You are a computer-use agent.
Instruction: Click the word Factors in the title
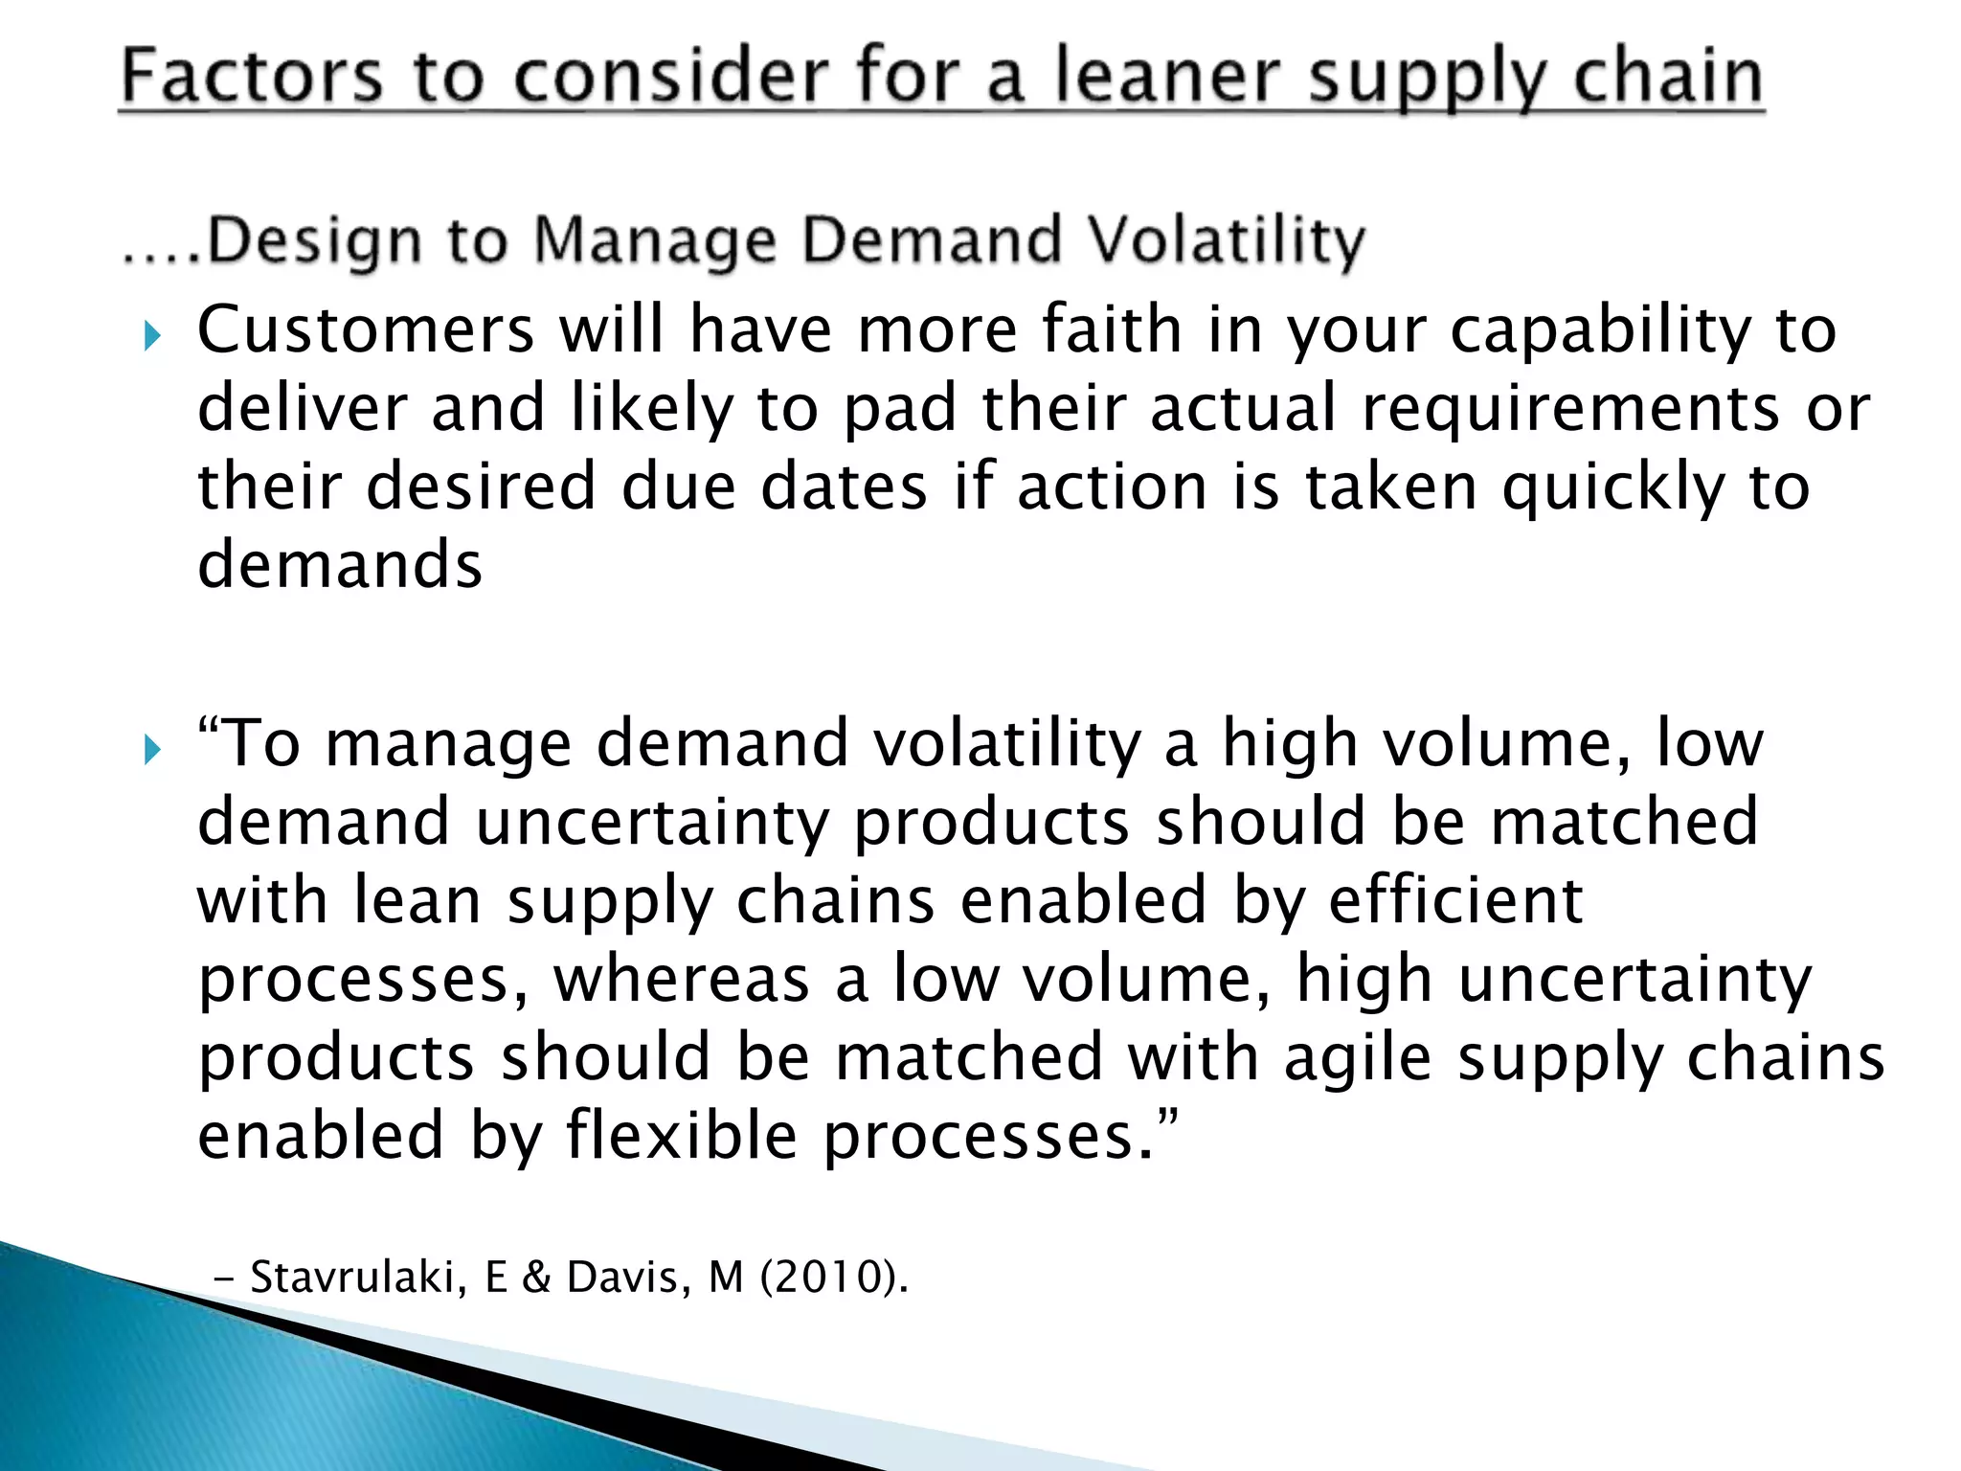[252, 77]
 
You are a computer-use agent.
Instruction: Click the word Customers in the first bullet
[366, 329]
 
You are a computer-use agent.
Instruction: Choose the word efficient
[1455, 901]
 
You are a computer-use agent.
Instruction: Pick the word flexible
[681, 1135]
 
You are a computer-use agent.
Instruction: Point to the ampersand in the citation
[536, 1277]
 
